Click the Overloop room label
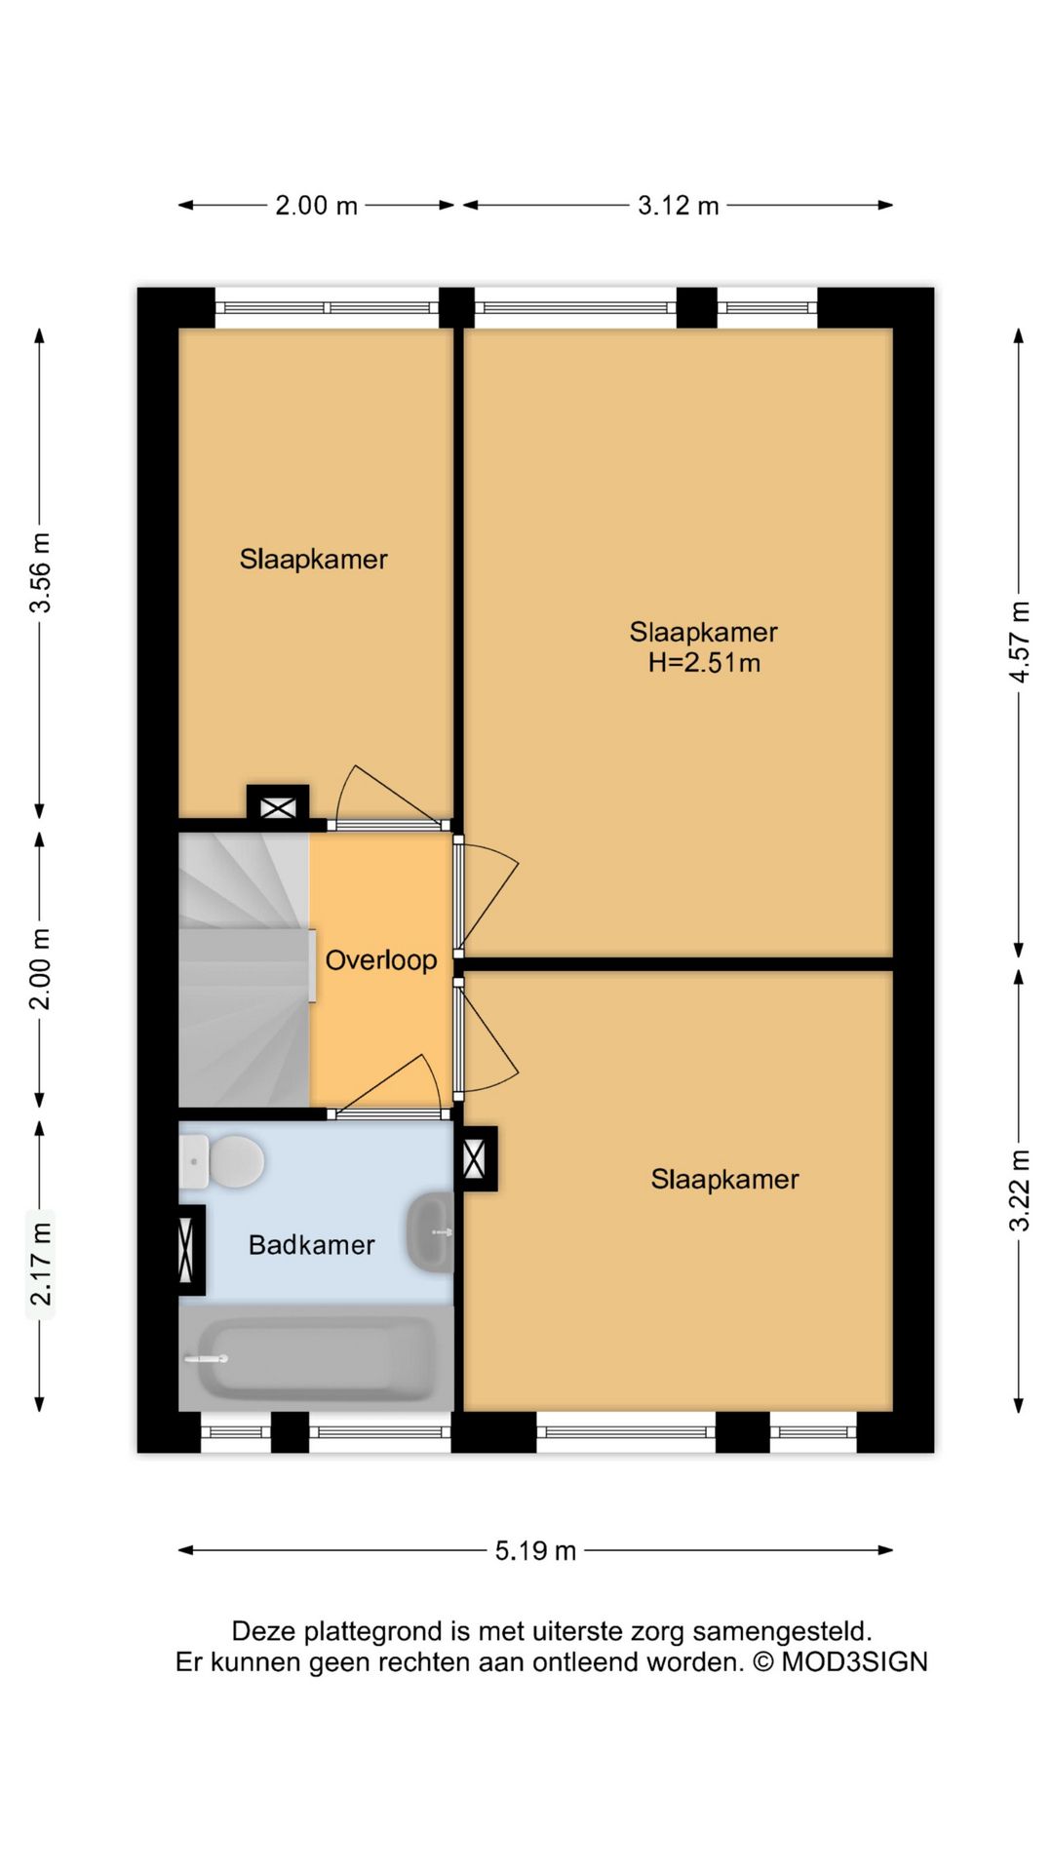click(381, 960)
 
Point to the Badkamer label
click(311, 1245)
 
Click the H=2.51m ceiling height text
click(704, 663)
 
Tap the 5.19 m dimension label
click(535, 1550)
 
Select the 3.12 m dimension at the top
click(678, 206)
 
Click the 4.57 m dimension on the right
click(1019, 642)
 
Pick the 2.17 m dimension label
click(40, 1264)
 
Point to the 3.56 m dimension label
click(40, 572)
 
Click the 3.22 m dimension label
click(1019, 1189)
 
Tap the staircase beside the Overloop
click(244, 970)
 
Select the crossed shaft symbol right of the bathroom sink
click(475, 1159)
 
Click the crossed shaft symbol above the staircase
click(278, 807)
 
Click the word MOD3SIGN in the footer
click(854, 1662)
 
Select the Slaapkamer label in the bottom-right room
click(724, 1180)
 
